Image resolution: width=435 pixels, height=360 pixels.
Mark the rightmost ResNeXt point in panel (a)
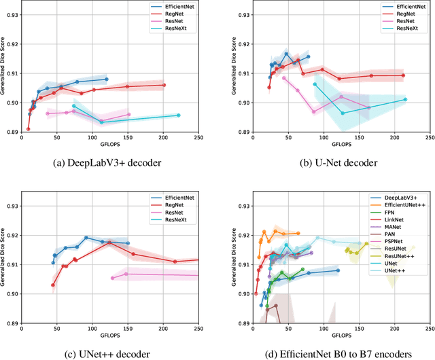[x=178, y=115]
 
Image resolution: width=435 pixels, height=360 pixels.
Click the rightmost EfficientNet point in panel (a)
[x=107, y=79]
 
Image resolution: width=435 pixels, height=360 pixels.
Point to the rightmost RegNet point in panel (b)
[x=403, y=75]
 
